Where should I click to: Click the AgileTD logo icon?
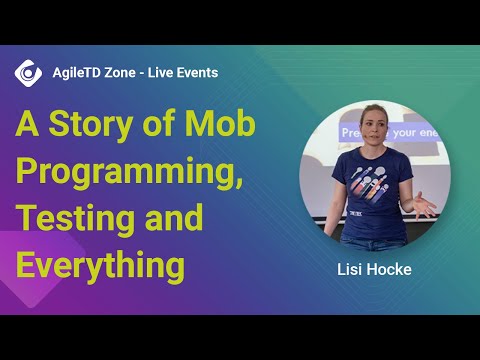(28, 73)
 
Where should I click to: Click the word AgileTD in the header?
(76, 73)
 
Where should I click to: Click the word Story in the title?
(84, 126)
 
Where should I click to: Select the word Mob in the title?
(222, 126)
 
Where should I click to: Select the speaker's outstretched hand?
(425, 207)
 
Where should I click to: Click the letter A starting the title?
(25, 126)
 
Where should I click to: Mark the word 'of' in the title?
(157, 126)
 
